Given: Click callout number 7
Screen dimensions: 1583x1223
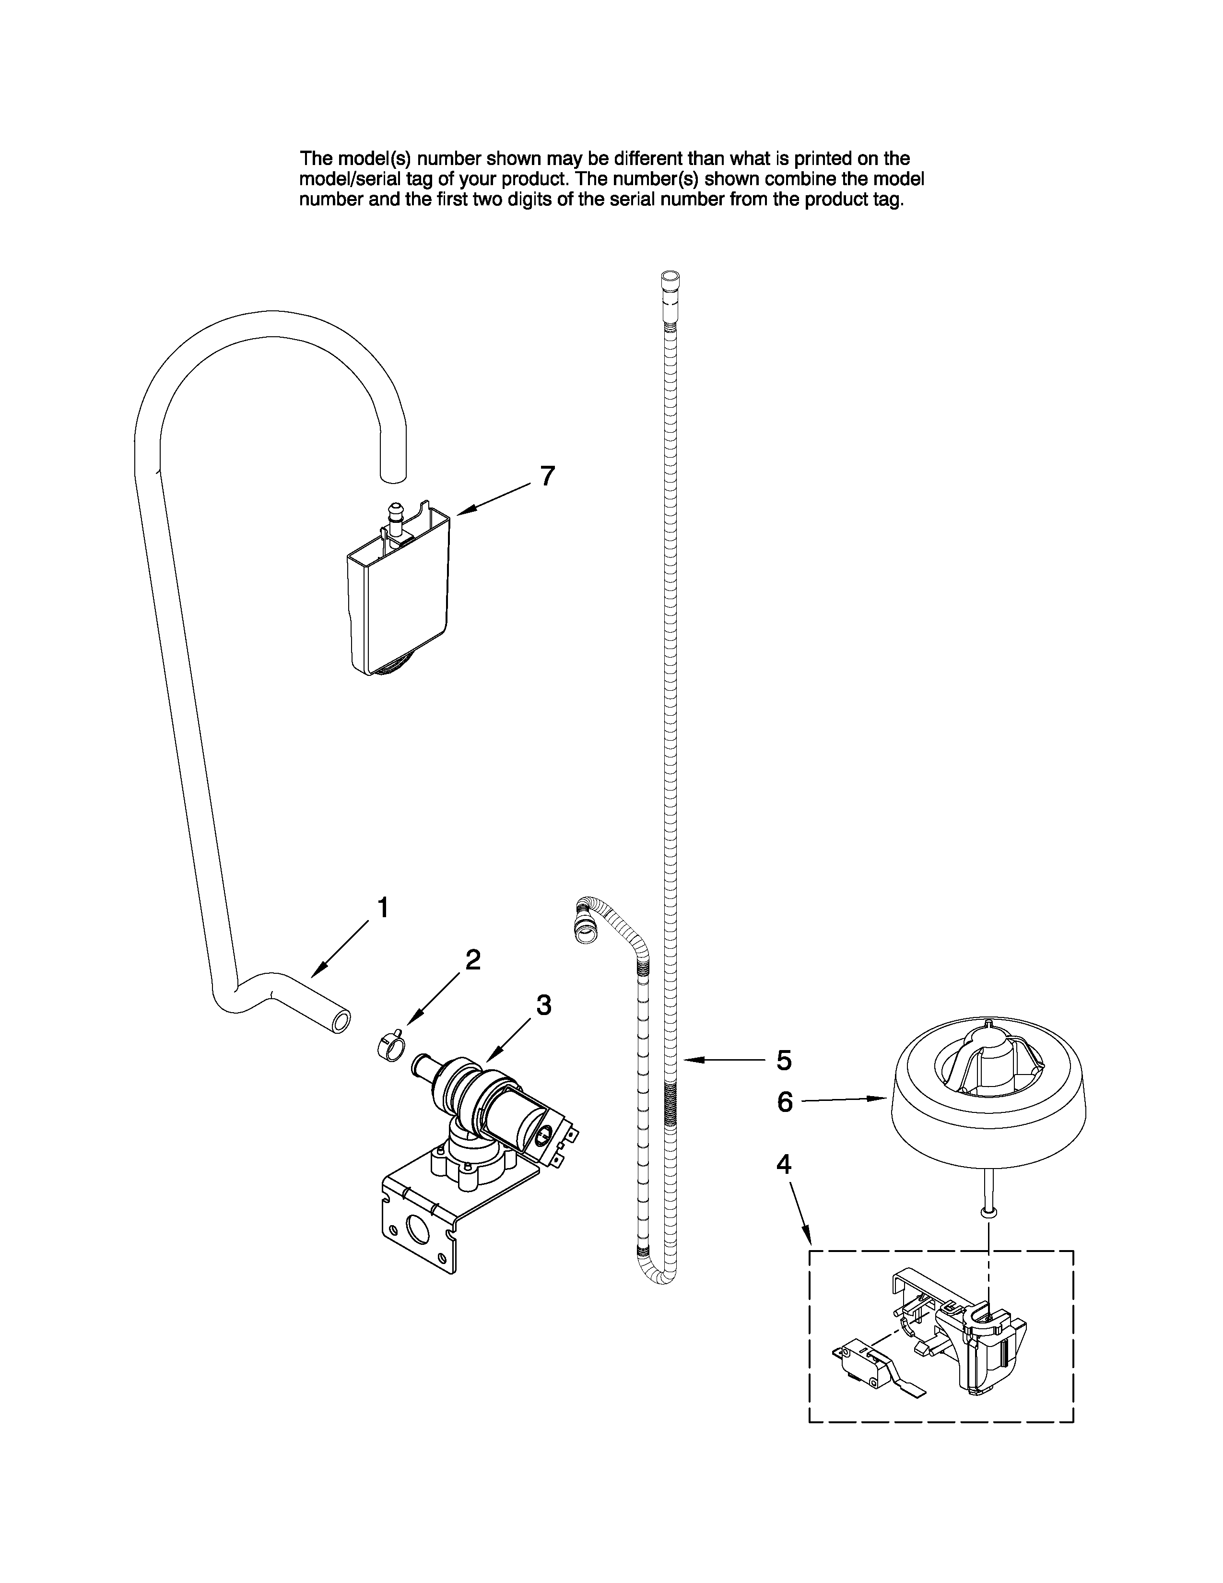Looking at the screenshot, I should click(x=548, y=476).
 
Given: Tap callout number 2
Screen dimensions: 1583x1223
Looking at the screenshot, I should click(x=472, y=960).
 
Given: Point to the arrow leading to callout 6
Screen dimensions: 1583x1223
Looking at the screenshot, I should click(x=844, y=1100).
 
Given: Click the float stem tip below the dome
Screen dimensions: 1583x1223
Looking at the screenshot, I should click(x=989, y=1210).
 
